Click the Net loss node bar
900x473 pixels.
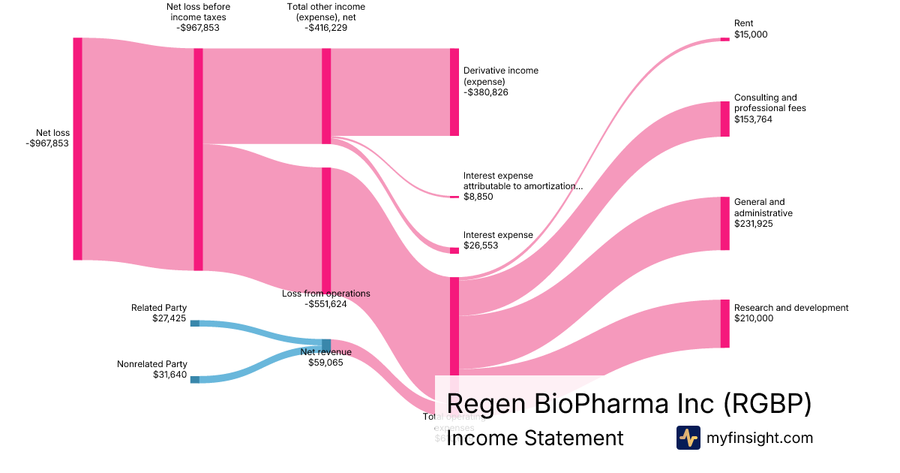[x=77, y=149]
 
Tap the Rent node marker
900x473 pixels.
[x=724, y=39]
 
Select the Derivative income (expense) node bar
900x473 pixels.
[x=454, y=92]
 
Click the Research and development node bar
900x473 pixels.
[x=724, y=324]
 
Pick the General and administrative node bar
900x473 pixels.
[x=724, y=224]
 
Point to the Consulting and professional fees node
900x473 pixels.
[x=724, y=119]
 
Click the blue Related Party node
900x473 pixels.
[x=195, y=324]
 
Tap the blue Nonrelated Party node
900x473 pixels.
[x=195, y=380]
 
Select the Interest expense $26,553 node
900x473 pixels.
[x=454, y=251]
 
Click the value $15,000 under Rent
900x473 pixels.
[x=751, y=35]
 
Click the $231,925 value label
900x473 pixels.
[x=753, y=224]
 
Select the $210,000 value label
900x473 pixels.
[x=753, y=318]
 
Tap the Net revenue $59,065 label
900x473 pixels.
[x=325, y=357]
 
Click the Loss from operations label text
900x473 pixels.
[x=325, y=294]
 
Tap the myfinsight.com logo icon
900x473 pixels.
[x=688, y=438]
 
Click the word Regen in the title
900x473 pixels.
[x=486, y=404]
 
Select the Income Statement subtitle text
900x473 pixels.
[x=535, y=438]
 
